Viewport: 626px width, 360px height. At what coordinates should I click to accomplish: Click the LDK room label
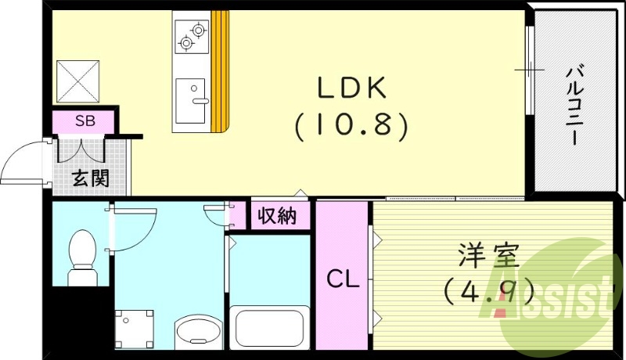(x=351, y=88)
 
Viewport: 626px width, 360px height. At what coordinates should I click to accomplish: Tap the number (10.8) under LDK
(x=351, y=125)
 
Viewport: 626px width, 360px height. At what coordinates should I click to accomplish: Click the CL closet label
(x=343, y=278)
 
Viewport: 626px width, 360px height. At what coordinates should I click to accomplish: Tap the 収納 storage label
(x=278, y=216)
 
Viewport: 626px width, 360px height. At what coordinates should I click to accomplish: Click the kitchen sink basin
(x=190, y=100)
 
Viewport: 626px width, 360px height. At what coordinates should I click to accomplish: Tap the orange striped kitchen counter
(x=220, y=70)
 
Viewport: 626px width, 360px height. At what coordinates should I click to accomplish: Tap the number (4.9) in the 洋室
(x=489, y=291)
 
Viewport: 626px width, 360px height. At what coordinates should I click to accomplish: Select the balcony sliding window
(x=530, y=70)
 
